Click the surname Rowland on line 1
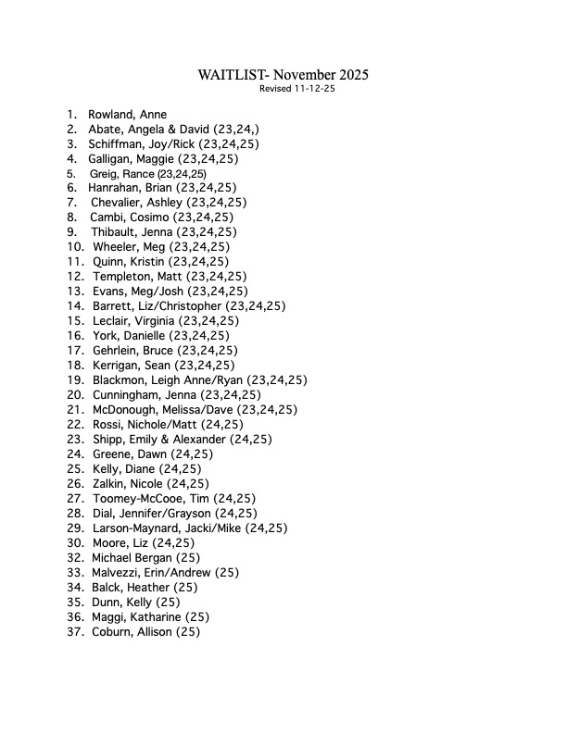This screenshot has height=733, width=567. click(111, 115)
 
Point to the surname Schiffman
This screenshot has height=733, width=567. click(117, 144)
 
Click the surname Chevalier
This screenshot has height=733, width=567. click(119, 203)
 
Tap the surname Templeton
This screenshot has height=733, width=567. click(122, 277)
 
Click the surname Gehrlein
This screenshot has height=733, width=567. click(118, 351)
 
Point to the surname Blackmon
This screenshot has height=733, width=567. click(121, 380)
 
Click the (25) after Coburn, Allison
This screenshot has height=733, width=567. click(188, 632)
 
